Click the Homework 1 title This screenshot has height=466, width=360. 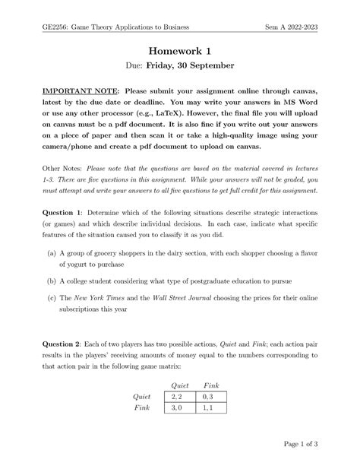tap(180, 50)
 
